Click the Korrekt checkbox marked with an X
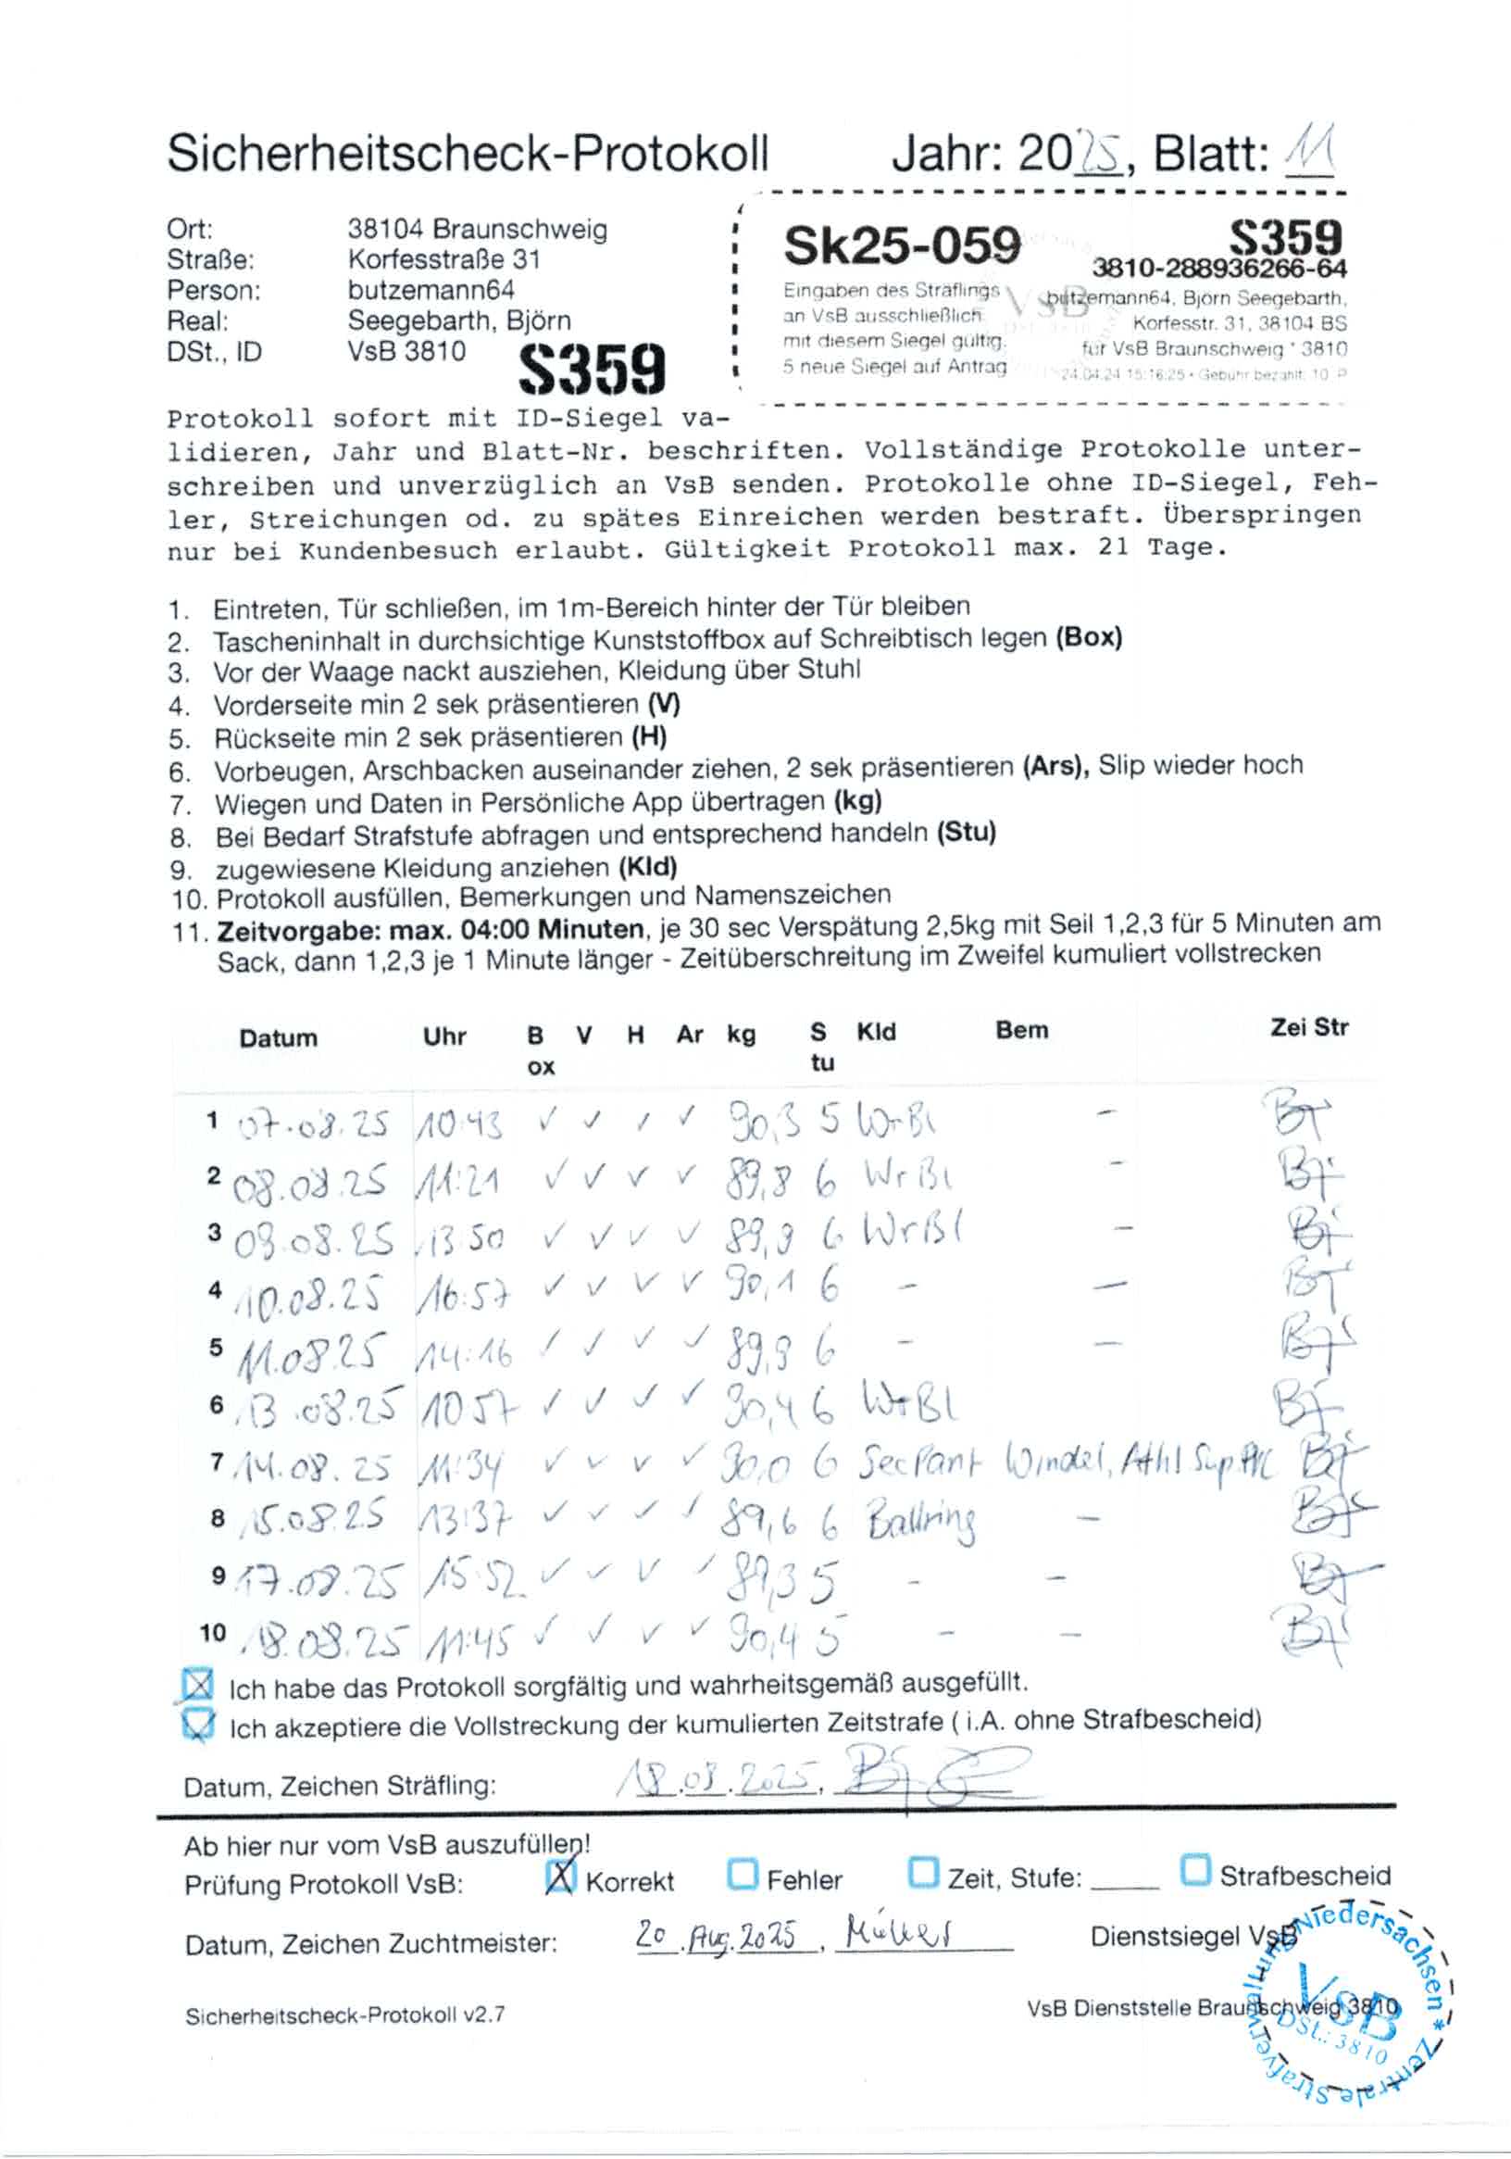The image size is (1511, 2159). (x=560, y=1877)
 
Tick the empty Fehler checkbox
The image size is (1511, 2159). (x=743, y=1875)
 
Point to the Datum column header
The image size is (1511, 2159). (x=278, y=1038)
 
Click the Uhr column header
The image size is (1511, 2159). (x=444, y=1036)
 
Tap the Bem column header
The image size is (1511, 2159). (x=1021, y=1031)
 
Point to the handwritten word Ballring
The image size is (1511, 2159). (x=920, y=1520)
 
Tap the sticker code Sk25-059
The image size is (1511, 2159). (x=901, y=245)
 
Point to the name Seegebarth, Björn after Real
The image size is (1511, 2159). (x=459, y=320)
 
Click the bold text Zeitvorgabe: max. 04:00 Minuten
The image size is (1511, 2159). (x=430, y=931)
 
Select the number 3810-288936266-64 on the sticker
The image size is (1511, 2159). (x=1218, y=270)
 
